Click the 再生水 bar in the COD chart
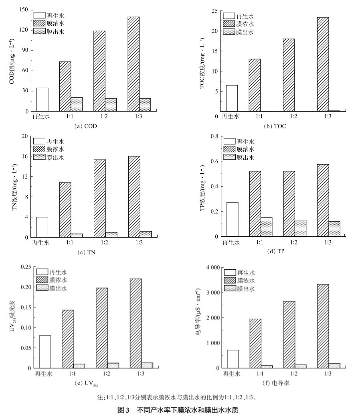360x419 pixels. (x=42, y=100)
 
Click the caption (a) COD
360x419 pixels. (x=86, y=126)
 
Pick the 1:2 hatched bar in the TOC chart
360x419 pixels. (x=289, y=75)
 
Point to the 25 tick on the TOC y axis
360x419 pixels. (x=214, y=10)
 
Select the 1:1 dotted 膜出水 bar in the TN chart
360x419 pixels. (x=77, y=236)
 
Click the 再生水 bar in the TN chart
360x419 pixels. (x=42, y=227)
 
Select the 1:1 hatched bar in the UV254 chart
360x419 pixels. (x=68, y=339)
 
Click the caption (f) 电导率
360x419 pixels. (x=276, y=384)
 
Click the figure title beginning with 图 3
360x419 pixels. (x=180, y=410)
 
